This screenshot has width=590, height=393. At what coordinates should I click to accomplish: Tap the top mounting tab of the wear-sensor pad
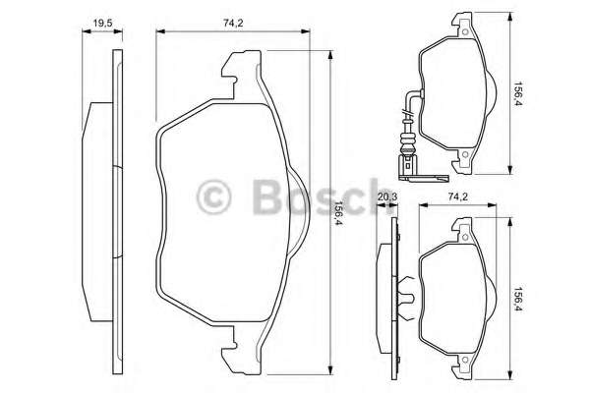click(458, 26)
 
